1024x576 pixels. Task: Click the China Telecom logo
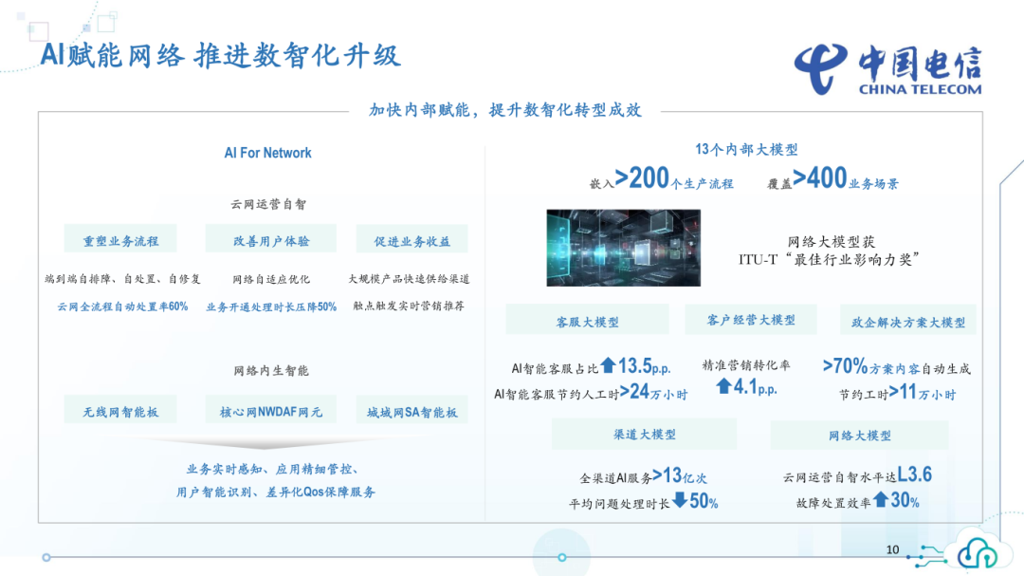887,69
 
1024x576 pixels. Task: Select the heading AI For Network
267,153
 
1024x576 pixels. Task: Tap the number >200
642,177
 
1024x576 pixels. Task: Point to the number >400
819,177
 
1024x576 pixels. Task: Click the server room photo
623,248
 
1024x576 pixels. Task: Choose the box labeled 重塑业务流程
120,239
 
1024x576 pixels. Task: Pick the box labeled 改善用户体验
270,239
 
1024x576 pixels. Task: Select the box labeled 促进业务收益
411,239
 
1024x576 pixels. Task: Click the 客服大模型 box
587,320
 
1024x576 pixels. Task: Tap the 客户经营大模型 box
750,320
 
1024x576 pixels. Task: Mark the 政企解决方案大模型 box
907,320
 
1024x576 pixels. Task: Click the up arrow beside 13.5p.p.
608,364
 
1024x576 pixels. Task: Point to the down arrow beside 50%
680,499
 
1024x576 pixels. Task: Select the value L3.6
914,474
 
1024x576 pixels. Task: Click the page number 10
893,549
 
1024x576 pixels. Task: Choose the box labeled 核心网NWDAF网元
270,410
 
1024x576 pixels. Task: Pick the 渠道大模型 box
644,434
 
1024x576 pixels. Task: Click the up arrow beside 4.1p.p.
723,386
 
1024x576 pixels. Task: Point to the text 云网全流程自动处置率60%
122,307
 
